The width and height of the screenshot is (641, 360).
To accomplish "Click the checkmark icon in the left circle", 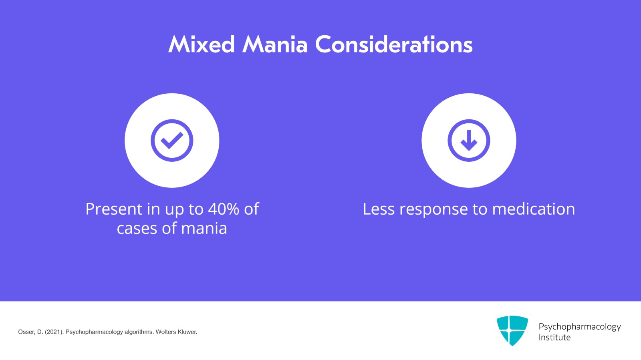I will coord(172,141).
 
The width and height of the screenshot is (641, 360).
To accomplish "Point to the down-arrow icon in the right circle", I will coord(469,141).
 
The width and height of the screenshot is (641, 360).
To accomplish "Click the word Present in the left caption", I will coord(114,209).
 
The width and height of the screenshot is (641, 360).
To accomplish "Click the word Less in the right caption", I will coord(379,209).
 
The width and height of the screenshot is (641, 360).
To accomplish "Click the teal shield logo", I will coord(512,330).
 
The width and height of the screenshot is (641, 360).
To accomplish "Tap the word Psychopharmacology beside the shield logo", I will coord(579,327).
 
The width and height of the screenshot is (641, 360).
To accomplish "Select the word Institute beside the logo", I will coord(554,338).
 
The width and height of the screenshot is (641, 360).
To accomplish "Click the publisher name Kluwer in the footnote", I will coord(187,332).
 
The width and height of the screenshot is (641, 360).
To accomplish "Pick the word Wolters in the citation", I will coord(165,332).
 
